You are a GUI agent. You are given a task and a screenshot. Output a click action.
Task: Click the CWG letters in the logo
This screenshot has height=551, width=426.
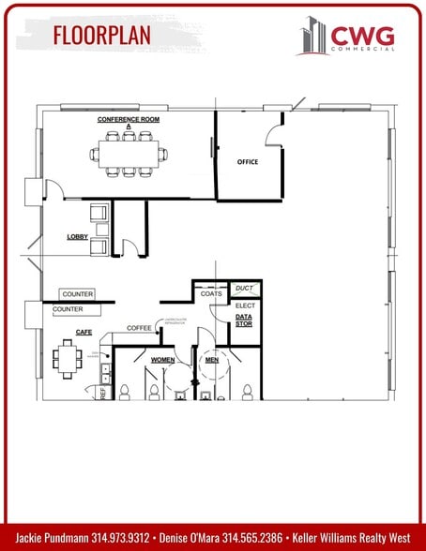pos(362,36)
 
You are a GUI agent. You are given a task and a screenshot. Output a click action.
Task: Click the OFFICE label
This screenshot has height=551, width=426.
pos(247,162)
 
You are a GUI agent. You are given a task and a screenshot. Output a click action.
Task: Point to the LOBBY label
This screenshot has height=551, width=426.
pos(77,237)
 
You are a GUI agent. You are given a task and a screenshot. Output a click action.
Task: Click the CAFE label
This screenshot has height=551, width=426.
pos(69,332)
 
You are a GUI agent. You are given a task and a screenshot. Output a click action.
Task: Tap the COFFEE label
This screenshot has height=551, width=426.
pos(140,328)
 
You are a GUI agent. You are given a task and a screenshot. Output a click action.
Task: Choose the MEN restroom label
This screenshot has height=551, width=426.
pos(213,360)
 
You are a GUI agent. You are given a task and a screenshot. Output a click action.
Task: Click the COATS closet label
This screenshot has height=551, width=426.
pos(211,294)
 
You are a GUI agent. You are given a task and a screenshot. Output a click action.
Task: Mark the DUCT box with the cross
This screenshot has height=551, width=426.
pos(245,289)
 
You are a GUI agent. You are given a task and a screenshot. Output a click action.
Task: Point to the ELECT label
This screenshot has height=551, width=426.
pos(245,305)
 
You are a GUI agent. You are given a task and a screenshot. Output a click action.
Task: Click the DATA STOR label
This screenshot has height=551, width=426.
pos(244,321)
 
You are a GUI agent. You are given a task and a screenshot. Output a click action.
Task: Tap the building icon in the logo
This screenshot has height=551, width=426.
pos(312,37)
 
